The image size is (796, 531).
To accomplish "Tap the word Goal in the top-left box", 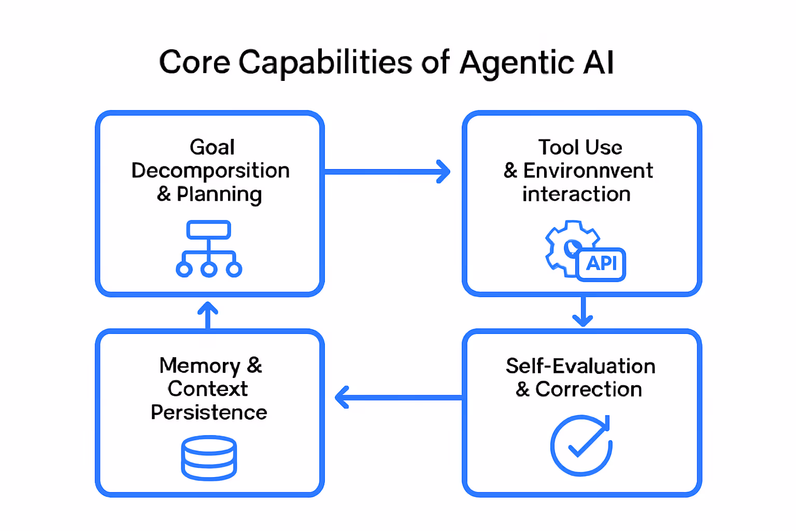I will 212,147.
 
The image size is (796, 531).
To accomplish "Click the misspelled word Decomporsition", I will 210,171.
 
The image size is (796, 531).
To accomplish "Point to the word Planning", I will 219,194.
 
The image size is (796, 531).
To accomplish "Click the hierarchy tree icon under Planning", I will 209,249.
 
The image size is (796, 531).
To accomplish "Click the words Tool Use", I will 580,147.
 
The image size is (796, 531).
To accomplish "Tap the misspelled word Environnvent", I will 588,171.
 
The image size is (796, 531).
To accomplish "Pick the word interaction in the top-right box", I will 576,194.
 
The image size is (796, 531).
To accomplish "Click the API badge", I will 601,264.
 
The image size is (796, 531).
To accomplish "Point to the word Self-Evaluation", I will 580,366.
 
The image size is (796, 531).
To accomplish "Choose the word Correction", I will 588,389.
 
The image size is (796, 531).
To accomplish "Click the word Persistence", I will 209,413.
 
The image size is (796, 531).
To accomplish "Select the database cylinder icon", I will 209,458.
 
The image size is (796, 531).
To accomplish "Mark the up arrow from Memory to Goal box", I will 208,315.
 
